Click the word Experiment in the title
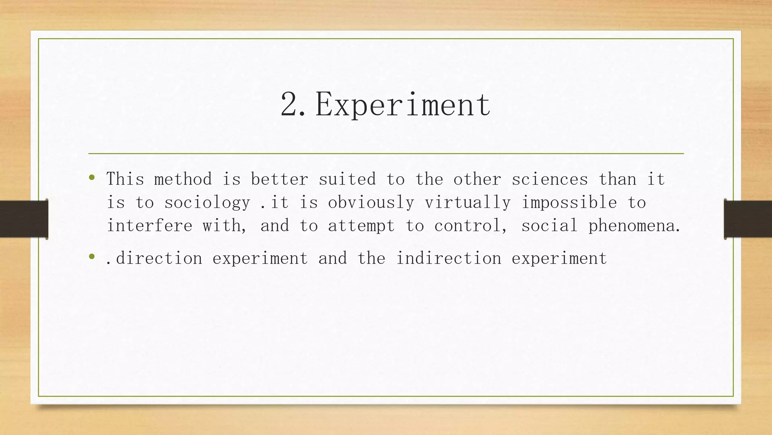[403, 105]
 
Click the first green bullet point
[92, 177]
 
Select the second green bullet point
[92, 257]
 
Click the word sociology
[207, 203]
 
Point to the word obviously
[371, 203]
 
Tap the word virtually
[467, 203]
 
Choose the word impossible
[569, 203]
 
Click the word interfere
[150, 226]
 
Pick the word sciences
[550, 179]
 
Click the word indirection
[449, 258]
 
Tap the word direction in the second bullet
[159, 258]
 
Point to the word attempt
[361, 226]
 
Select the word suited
[347, 179]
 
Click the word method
[183, 179]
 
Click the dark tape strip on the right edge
[748, 219]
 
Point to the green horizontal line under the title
[386, 154]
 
